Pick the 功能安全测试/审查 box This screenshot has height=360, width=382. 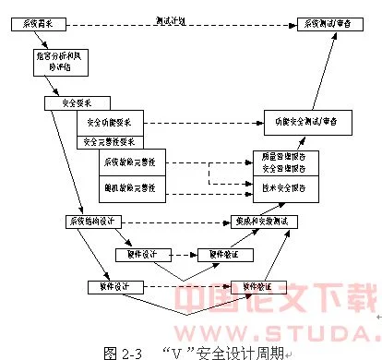tap(300, 121)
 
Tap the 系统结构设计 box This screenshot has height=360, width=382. tap(90, 222)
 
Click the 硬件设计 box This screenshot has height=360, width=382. tap(139, 253)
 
